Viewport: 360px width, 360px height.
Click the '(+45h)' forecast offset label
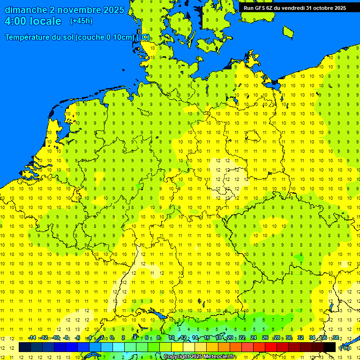click(x=81, y=21)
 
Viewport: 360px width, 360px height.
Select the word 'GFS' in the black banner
click(x=261, y=8)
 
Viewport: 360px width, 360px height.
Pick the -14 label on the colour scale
click(x=32, y=338)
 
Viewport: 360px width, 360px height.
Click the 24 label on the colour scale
click(x=253, y=338)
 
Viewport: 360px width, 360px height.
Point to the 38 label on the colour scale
click(x=336, y=338)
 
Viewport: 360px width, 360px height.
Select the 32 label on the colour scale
click(x=300, y=338)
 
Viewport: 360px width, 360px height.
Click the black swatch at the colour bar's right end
click(x=330, y=347)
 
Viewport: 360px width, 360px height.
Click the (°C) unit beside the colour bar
click(x=345, y=348)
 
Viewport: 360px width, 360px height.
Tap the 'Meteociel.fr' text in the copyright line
click(x=220, y=357)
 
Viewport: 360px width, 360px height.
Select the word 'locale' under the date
click(x=45, y=21)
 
